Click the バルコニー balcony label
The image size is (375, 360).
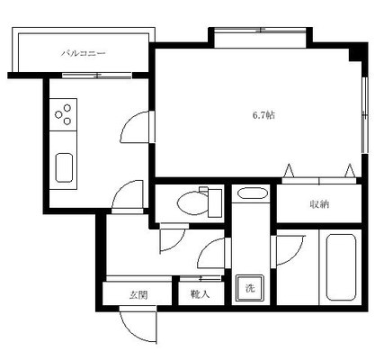pos(84,54)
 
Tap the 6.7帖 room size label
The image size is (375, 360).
pos(263,115)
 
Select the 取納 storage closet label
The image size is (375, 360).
pos(319,204)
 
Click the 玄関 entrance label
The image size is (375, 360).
pos(138,295)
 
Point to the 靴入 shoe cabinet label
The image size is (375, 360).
pos(200,294)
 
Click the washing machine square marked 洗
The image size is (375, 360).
pos(250,288)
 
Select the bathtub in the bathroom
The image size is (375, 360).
pos(341,267)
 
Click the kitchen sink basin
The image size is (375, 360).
pos(64,167)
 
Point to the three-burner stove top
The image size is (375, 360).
pos(63,114)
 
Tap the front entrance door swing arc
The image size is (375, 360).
pos(132,331)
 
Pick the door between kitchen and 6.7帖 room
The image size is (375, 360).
pos(134,127)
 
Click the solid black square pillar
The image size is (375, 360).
pos(358,53)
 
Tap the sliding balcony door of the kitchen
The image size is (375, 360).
pos(97,76)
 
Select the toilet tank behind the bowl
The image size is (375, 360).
pos(215,202)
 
